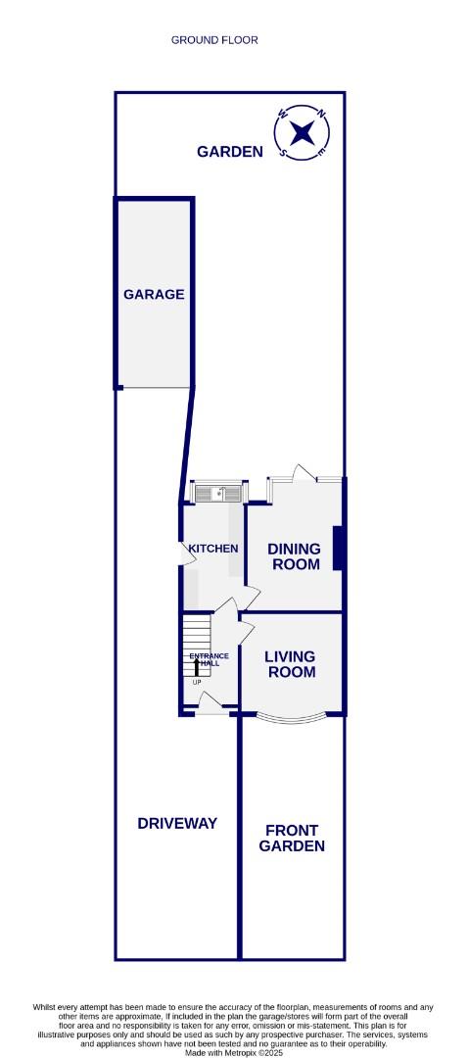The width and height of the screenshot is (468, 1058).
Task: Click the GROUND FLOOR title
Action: (214, 40)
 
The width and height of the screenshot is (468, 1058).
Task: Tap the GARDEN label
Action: (230, 152)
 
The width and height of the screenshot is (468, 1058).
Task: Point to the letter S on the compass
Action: (284, 152)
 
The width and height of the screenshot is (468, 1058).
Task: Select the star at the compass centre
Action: (304, 132)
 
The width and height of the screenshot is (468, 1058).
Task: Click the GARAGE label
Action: (154, 294)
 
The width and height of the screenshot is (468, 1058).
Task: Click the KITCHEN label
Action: (212, 549)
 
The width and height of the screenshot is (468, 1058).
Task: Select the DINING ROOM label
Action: (294, 556)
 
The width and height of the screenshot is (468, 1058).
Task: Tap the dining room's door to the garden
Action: (304, 476)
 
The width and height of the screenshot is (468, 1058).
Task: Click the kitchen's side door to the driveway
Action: (181, 553)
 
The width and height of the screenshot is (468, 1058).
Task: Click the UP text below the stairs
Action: (196, 682)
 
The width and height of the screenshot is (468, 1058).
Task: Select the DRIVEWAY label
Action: (177, 823)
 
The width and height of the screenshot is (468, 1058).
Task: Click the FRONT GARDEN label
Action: (292, 838)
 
